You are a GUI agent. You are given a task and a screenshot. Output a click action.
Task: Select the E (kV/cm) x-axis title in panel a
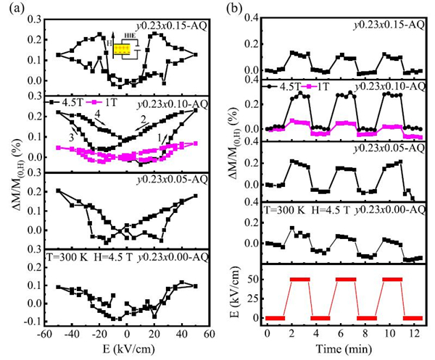(x=127, y=350)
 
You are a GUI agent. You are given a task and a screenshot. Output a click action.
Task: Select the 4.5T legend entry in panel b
(x=285, y=86)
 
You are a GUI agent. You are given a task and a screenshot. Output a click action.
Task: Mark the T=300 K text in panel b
(x=284, y=210)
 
